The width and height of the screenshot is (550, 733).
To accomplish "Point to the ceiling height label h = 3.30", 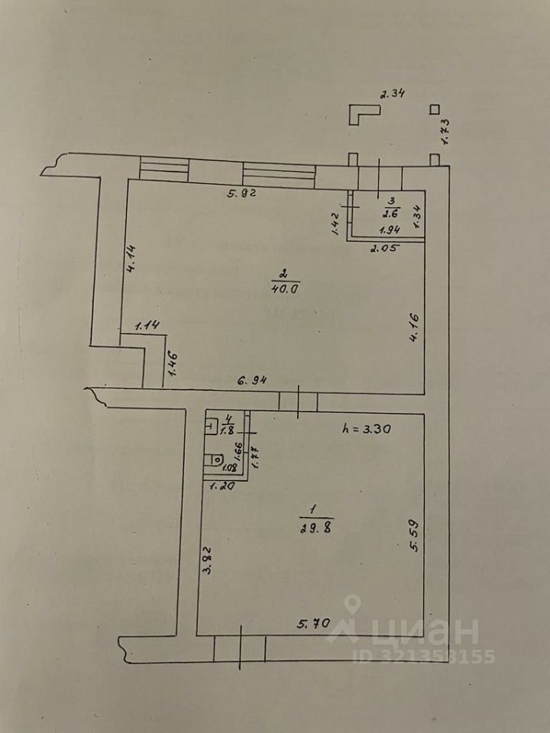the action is pyautogui.click(x=367, y=429).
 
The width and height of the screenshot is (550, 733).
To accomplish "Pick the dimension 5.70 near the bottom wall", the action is pyautogui.click(x=313, y=625).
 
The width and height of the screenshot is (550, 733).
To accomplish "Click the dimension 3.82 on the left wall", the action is pyautogui.click(x=205, y=563).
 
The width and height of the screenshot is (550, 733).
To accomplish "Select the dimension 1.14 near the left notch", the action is pyautogui.click(x=147, y=326).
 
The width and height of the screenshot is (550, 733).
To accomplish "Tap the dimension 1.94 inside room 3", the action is pyautogui.click(x=391, y=228).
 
